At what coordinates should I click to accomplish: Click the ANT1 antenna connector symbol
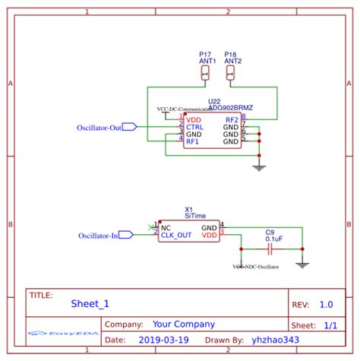point(205,72)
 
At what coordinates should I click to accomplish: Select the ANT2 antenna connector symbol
point(231,72)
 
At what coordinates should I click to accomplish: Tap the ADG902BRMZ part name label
point(232,108)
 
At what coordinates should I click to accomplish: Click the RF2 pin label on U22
point(232,120)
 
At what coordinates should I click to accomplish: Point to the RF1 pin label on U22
point(194,141)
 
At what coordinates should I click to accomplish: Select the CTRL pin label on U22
point(195,127)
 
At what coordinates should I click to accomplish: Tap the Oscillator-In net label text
point(98,236)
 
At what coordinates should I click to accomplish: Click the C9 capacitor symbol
point(270,249)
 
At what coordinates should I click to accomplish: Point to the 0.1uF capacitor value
point(273,239)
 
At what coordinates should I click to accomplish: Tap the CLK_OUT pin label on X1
point(176,236)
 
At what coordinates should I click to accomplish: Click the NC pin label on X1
point(166,227)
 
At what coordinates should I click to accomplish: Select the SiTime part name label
point(194,216)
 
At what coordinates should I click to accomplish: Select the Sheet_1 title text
point(90,303)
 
